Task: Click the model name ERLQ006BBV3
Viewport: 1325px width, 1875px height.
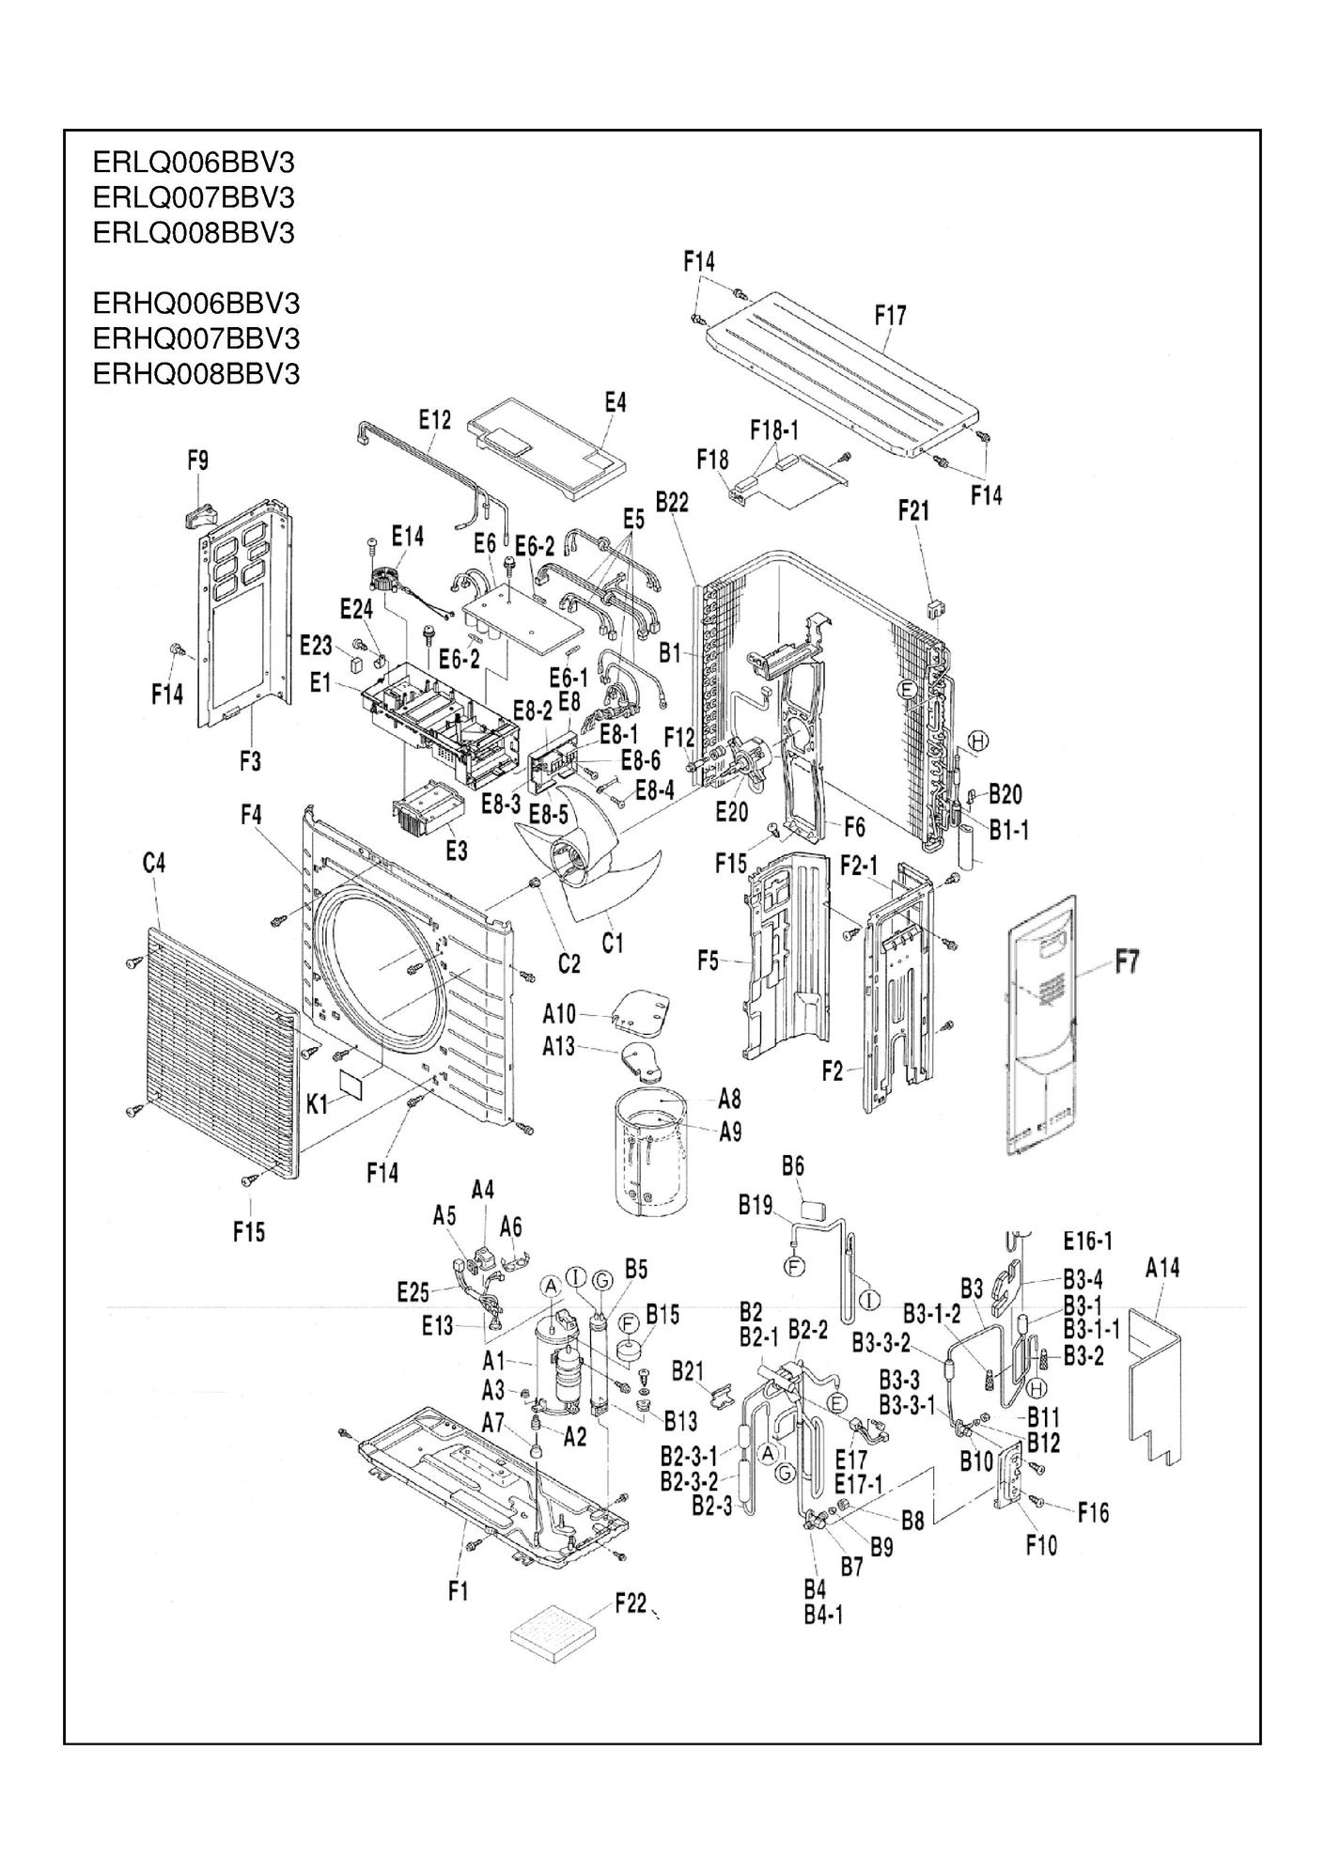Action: point(194,163)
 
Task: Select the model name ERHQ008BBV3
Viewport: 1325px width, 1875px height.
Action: point(196,374)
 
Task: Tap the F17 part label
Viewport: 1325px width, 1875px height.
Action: point(890,316)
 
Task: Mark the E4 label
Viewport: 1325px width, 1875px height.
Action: point(615,402)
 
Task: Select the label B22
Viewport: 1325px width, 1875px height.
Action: point(672,503)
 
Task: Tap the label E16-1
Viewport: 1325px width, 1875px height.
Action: point(1088,1242)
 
